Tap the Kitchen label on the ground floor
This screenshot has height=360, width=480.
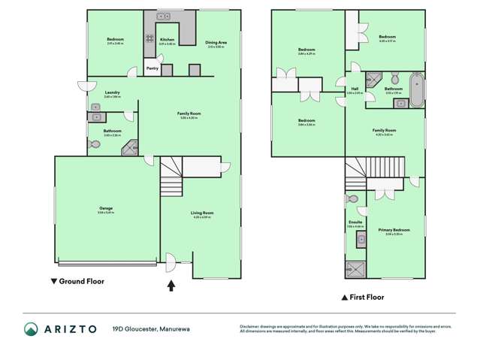click(x=167, y=40)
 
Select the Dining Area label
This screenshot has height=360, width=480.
click(x=216, y=43)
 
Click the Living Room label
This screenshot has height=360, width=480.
click(x=204, y=213)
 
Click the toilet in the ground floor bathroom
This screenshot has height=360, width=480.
click(x=94, y=144)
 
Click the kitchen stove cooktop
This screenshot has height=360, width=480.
click(x=149, y=39)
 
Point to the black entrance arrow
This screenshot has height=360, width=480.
click(x=171, y=286)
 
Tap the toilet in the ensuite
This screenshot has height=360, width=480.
click(x=352, y=199)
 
